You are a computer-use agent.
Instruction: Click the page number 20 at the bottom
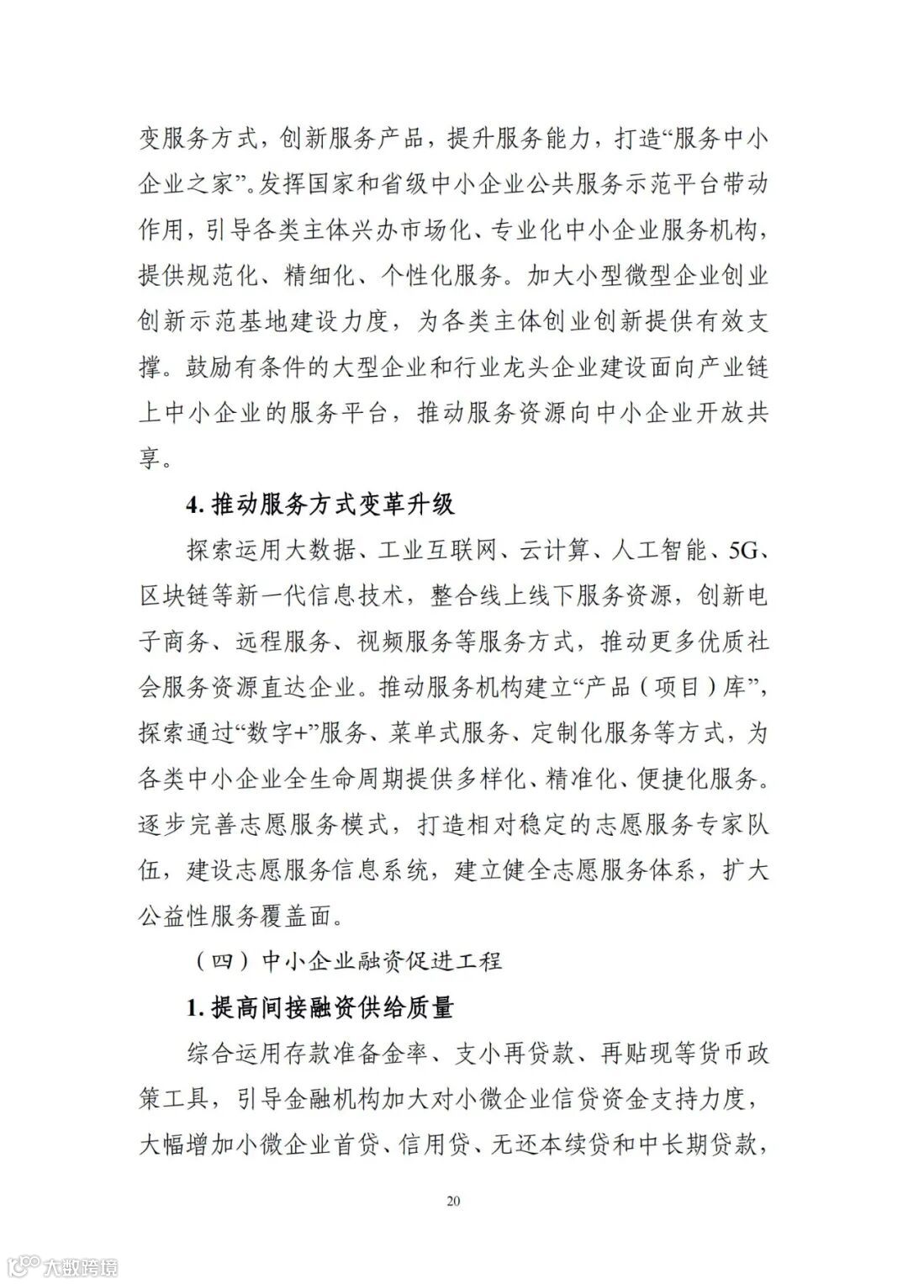(453, 1201)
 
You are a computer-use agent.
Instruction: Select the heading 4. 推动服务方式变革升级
(319, 505)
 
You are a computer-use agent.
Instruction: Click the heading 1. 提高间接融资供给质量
(319, 1007)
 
